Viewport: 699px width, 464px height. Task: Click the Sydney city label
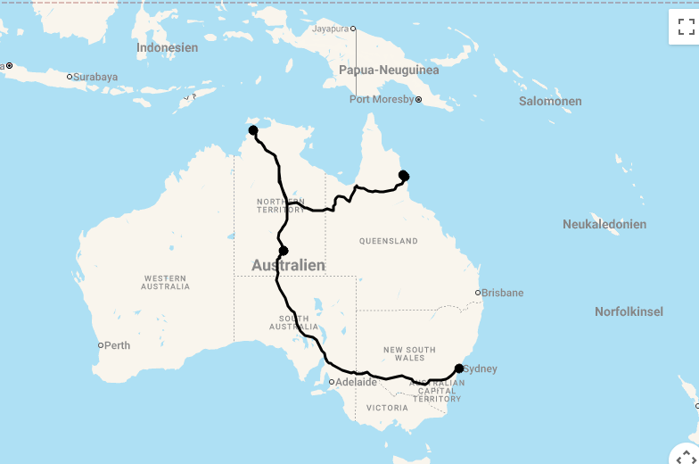pos(481,369)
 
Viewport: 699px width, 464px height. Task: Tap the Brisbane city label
pos(503,293)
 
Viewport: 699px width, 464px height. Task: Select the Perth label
pos(117,345)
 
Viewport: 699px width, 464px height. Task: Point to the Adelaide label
pos(356,382)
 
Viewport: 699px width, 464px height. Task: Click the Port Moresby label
pos(382,99)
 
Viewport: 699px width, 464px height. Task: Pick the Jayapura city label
pos(330,29)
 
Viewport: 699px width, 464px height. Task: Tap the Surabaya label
pos(95,77)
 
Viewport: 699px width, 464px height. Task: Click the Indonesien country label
pos(167,47)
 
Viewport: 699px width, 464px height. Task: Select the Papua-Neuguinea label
pos(389,70)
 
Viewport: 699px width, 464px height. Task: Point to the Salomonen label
pos(550,101)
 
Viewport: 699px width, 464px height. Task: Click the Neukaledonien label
pos(604,224)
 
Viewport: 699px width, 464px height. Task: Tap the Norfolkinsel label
pos(629,311)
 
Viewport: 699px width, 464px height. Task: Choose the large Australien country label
pos(288,266)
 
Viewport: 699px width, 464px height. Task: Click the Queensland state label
pos(389,241)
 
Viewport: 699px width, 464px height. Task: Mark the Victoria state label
pos(388,408)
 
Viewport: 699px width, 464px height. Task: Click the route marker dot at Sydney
pos(459,368)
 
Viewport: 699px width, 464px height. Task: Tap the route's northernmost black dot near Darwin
pos(253,130)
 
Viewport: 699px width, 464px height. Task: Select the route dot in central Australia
pos(284,251)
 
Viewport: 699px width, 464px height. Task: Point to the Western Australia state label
pos(165,282)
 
